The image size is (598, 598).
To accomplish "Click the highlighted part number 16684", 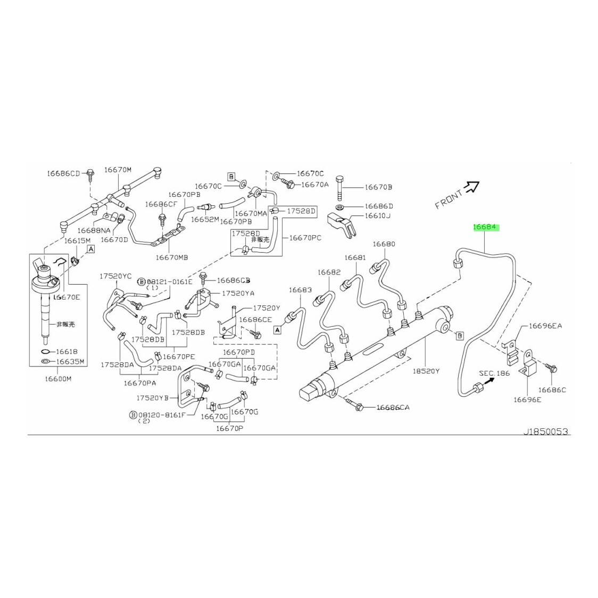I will pos(485,227).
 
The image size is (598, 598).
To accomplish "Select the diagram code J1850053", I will pos(546,431).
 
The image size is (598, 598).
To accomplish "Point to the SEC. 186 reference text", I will pos(494,373).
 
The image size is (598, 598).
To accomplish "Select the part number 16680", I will pos(384,244).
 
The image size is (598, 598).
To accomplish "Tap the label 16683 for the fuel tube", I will pos(300,290).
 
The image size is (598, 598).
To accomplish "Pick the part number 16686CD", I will pos(63,173).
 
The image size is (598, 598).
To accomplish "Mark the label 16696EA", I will pos(545,326).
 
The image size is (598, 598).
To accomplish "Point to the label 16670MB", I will pos(172,258).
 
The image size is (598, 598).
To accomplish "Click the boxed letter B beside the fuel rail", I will pos(460,336).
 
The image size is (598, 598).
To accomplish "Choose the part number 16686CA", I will pos(393,408).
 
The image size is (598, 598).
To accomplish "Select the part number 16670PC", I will pos(305,238).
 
